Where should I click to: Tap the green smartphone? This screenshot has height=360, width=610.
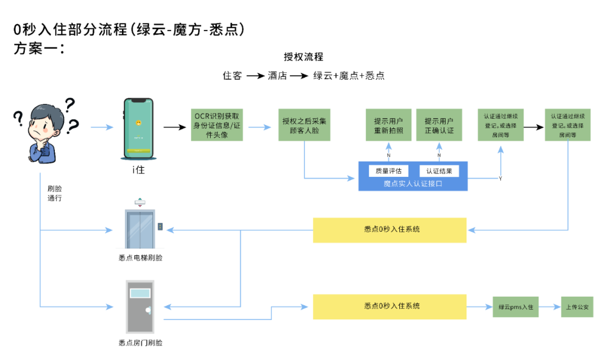point(139,128)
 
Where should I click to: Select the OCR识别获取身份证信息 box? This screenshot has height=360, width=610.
point(217,125)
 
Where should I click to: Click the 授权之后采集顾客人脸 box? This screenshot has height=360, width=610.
point(304,125)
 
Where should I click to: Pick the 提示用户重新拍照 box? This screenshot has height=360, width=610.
point(389,125)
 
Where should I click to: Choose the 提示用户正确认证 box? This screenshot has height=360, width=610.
point(439,125)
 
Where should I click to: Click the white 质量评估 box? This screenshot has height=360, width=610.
point(389,171)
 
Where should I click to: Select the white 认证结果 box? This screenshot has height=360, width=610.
point(439,171)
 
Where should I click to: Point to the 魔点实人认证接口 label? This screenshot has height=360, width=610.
point(413,184)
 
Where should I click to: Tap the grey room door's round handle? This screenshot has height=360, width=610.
point(148,310)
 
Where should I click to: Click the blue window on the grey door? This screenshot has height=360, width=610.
point(140,293)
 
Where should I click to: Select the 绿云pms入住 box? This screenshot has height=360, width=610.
point(516,307)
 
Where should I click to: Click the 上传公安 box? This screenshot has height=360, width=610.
point(577,307)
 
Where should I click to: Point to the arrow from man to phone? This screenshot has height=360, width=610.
point(102,128)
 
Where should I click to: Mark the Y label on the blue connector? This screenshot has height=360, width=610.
point(500,178)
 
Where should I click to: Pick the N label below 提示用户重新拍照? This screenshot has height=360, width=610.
point(389,155)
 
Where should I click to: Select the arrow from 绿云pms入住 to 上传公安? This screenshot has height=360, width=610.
point(550,307)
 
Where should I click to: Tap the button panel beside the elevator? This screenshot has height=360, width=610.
point(160,226)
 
